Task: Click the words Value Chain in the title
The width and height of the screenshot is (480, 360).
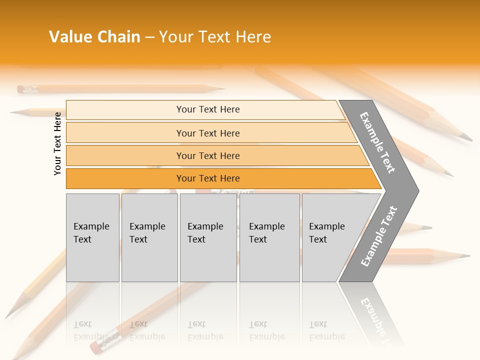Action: coord(94,37)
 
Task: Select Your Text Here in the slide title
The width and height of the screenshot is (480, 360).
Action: coord(215,37)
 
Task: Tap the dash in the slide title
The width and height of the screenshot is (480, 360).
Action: coord(149,37)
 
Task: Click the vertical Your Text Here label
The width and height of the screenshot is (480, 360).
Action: coord(57,143)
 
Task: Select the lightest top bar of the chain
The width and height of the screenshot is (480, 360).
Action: coord(207,109)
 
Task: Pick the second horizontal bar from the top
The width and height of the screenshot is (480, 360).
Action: coord(207,133)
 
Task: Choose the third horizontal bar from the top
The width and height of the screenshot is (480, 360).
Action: coord(207,155)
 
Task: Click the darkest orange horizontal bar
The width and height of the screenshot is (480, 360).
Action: coord(207,178)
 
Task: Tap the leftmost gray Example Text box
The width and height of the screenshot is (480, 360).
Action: coord(92,237)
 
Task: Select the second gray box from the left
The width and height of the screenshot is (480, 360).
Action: coord(149,237)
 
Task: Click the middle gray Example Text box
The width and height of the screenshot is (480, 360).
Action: coord(208,237)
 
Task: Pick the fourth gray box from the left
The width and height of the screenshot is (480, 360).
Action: coord(269,237)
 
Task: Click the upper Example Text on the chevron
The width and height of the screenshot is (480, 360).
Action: coord(378,142)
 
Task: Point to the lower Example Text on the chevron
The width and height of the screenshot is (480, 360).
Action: coord(379,236)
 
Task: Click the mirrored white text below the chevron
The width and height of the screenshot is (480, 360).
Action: coord(375,315)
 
